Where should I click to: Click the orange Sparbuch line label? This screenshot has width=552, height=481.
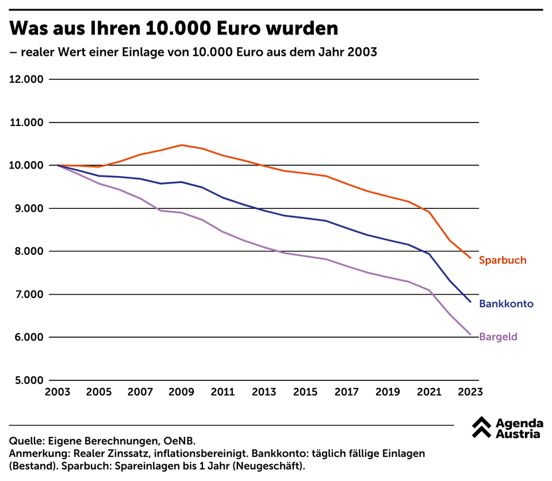click(x=502, y=260)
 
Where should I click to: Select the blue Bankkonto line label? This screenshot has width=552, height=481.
click(x=506, y=304)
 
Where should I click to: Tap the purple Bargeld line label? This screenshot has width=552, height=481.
click(x=498, y=337)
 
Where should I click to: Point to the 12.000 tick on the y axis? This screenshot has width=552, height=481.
click(x=26, y=79)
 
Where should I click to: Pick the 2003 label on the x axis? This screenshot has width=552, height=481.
click(x=57, y=392)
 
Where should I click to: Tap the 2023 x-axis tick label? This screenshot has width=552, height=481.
click(x=470, y=392)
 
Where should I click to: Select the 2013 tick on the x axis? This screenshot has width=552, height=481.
click(x=264, y=392)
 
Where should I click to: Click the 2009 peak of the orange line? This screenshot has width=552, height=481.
click(x=182, y=145)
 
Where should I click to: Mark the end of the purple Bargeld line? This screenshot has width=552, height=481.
click(x=470, y=334)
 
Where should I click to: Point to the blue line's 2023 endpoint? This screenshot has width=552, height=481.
click(x=470, y=301)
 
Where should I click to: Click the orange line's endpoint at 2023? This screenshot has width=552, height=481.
click(x=470, y=258)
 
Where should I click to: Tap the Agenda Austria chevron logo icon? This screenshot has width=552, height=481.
click(x=481, y=426)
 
